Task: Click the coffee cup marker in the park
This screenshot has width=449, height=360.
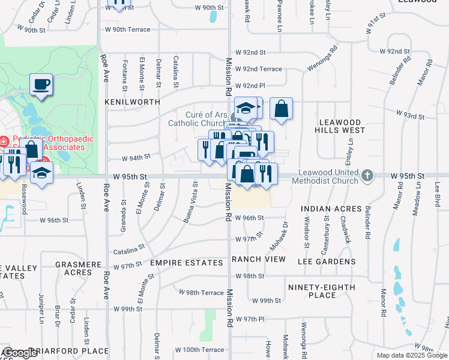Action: point(41,85)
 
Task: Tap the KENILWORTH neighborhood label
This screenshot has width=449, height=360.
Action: point(133,103)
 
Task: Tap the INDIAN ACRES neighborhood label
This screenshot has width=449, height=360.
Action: point(331,209)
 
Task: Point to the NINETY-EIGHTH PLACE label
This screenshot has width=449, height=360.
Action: point(321,291)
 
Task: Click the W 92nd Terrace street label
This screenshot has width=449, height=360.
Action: point(259,69)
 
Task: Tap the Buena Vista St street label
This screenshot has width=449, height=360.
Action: point(190,201)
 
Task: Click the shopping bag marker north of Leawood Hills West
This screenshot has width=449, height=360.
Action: point(281,109)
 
